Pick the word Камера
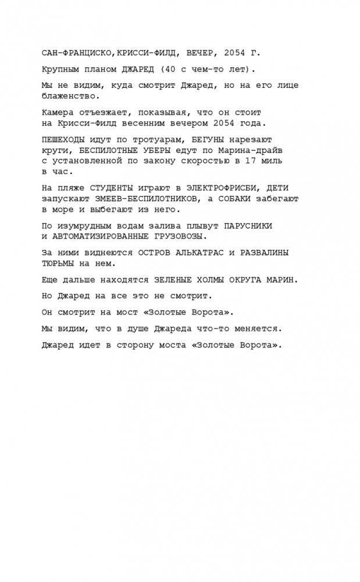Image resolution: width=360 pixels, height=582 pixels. coord(59,111)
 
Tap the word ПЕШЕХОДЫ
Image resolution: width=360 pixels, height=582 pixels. coord(64,140)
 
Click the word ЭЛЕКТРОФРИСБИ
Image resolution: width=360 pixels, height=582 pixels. coord(218,188)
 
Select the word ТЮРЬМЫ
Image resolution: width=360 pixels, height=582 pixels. coord(59,263)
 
